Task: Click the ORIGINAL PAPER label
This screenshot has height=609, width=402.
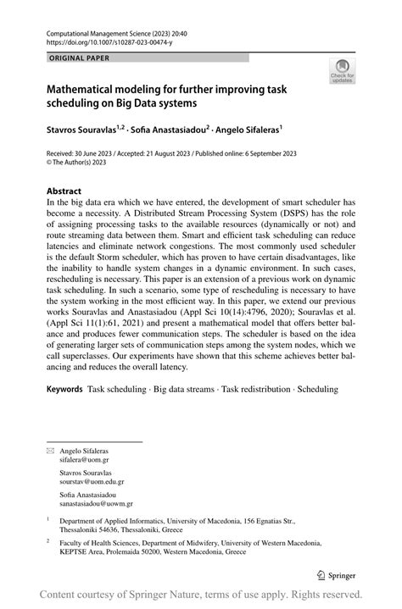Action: [x=79, y=58]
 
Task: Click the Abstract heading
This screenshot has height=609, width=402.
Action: [x=64, y=192]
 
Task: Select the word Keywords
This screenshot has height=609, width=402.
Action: [x=64, y=389]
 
